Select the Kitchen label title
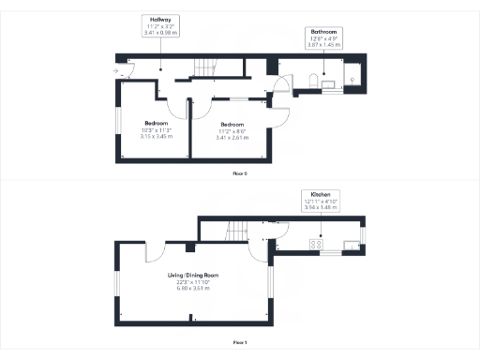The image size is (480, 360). (x=320, y=192)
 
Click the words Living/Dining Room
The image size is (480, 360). (x=193, y=275)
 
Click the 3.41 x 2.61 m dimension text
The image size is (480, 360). (x=232, y=137)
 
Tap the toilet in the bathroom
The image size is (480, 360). (x=308, y=85)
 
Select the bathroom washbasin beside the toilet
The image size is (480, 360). (x=330, y=85)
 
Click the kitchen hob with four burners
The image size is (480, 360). (x=316, y=246)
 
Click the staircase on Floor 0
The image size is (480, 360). (x=204, y=67)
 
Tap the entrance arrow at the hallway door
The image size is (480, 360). (x=115, y=69)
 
